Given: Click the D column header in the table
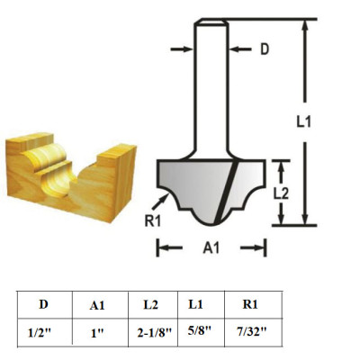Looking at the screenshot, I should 42,304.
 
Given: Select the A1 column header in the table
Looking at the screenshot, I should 97,305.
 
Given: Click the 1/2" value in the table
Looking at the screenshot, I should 40,332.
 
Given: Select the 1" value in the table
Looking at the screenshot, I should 97,332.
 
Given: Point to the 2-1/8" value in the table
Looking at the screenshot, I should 153,332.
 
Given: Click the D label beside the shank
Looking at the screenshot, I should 265,49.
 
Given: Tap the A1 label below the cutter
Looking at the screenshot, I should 211,247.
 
